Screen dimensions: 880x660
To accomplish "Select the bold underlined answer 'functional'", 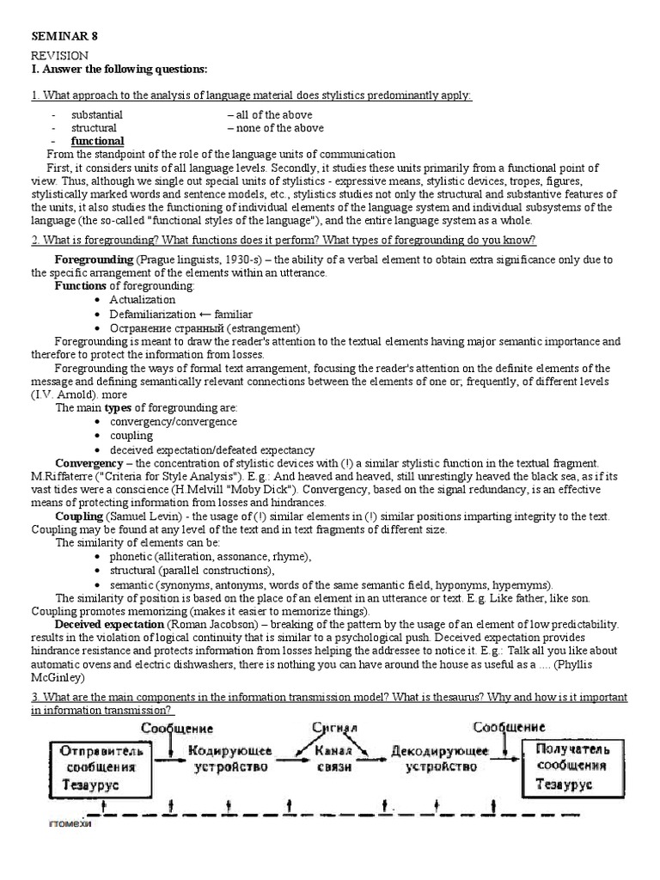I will point(97,141).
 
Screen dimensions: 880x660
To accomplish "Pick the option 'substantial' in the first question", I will point(96,115).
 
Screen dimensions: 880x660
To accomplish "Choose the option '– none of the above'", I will point(275,128).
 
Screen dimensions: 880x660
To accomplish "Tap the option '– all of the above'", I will point(270,115).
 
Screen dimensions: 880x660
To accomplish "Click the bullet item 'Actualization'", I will point(142,300).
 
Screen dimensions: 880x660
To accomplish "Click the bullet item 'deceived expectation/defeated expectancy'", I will point(211,449).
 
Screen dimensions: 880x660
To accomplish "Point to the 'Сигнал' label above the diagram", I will point(333,729).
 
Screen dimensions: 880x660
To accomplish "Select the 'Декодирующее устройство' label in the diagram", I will point(439,759).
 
